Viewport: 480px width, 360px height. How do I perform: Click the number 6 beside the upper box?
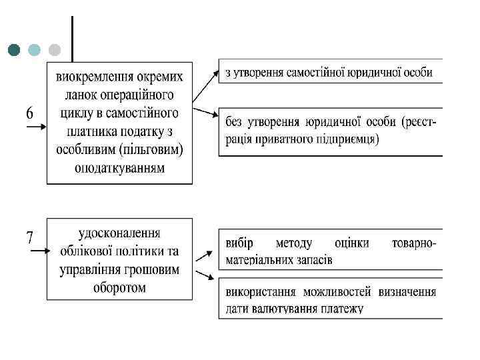click(30, 113)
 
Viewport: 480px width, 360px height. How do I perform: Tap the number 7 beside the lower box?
click(30, 237)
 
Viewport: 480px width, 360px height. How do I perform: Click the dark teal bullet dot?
click(15, 50)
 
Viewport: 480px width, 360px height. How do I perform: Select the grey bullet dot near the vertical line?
click(55, 50)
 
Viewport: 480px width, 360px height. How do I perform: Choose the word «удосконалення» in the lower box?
click(119, 233)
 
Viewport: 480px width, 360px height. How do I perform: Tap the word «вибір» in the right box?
click(239, 243)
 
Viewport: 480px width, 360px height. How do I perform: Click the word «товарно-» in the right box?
click(414, 243)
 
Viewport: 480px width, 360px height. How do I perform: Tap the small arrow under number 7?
click(37, 251)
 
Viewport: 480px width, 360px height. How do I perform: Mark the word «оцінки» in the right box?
click(353, 243)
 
